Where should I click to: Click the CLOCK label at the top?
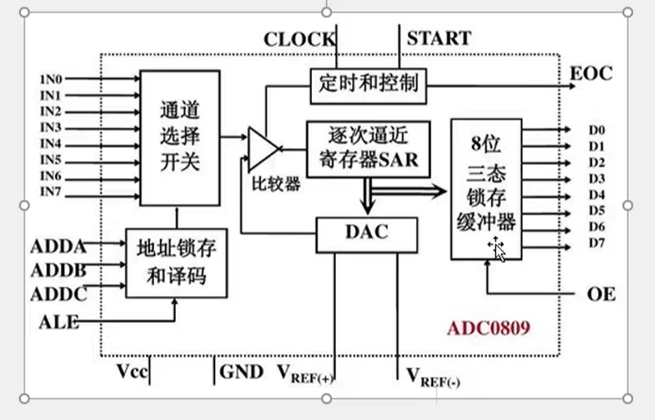click(x=299, y=39)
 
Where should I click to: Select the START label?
click(x=438, y=37)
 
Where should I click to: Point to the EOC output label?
click(x=592, y=73)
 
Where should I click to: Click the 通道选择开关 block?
click(x=179, y=137)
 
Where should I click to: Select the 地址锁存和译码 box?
click(x=176, y=263)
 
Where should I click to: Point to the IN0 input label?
click(x=51, y=80)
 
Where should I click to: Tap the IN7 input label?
click(x=51, y=192)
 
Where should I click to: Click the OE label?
click(x=601, y=294)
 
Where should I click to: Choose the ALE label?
click(x=59, y=321)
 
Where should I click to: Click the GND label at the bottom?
click(x=242, y=372)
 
